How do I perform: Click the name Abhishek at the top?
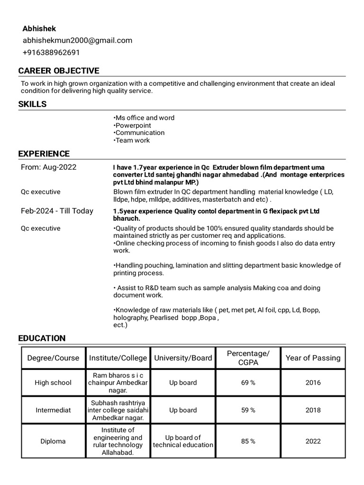coord(39,29)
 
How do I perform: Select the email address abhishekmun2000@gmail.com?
coord(78,40)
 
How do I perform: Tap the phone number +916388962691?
coord(52,52)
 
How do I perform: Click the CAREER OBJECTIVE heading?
coord(59,71)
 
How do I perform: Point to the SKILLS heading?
coord(32,104)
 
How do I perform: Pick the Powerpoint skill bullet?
coord(133,126)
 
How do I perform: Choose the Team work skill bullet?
coord(132,140)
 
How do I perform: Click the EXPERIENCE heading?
coord(44,153)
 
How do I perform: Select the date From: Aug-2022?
coord(48,167)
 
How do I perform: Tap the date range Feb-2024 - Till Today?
coord(57,211)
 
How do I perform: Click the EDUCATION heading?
coord(42,338)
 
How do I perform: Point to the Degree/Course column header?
coord(53,358)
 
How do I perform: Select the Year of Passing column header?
coord(313,358)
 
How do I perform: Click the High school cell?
coord(53,383)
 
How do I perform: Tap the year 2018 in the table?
coord(313,410)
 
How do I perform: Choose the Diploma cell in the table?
coord(53,441)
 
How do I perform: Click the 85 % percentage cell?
coord(248,441)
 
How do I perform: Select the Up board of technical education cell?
coord(183,441)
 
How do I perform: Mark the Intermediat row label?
coord(53,410)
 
